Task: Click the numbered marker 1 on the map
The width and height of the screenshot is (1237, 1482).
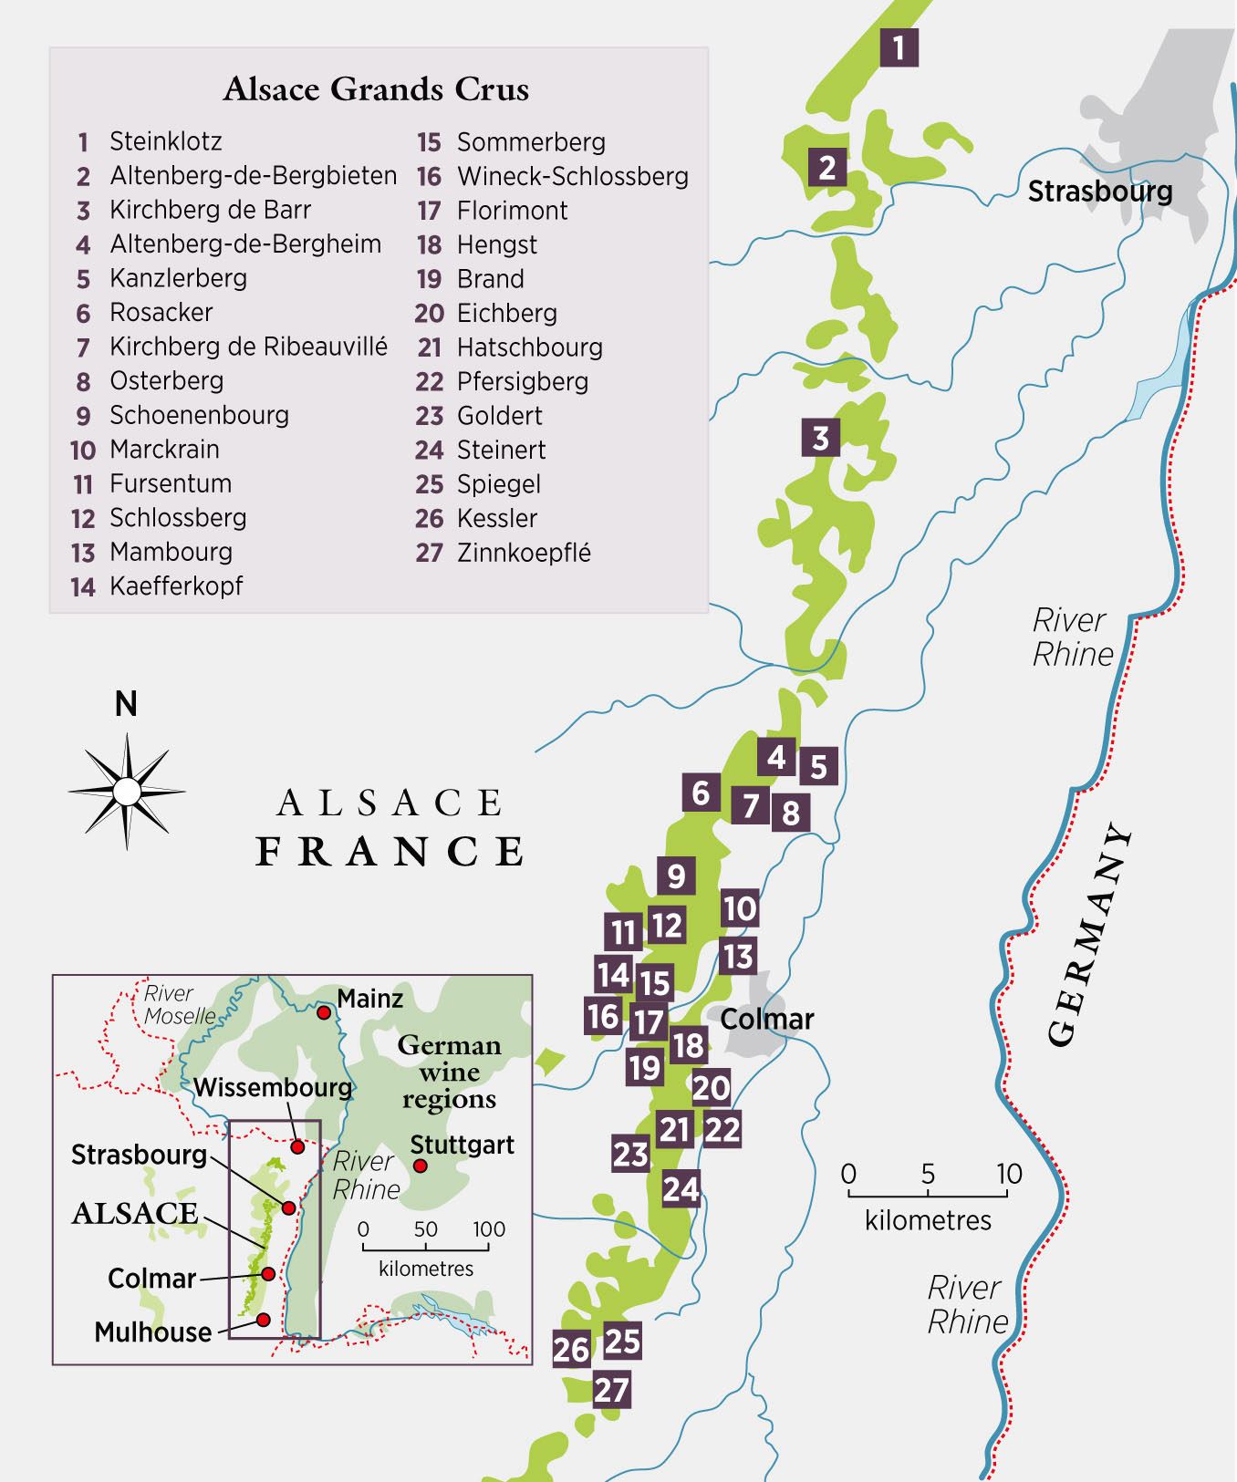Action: [899, 47]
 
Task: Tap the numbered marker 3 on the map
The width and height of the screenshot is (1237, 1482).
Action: [820, 438]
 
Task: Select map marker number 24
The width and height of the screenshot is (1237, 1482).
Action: [681, 1188]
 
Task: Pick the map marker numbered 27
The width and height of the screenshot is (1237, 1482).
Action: [612, 1390]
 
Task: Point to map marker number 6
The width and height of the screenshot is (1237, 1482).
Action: [701, 793]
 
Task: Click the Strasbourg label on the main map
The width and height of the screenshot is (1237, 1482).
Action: [1099, 192]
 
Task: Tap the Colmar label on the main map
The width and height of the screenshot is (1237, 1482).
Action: [766, 1019]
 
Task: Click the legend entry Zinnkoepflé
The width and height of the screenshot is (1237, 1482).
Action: [523, 553]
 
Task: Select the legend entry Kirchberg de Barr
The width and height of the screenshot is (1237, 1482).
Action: [210, 210]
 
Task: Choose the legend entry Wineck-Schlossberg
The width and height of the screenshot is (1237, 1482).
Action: [572, 176]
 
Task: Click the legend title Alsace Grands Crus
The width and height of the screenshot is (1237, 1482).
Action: [376, 89]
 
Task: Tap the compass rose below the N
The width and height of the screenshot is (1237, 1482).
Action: [127, 790]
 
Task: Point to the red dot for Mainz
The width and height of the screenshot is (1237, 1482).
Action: [323, 1012]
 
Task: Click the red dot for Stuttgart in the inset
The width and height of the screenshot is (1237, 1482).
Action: [420, 1166]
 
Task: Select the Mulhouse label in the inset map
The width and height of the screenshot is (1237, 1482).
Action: [153, 1332]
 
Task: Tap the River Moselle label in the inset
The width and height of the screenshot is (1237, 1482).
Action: [179, 1004]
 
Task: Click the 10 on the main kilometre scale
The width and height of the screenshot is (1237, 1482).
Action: [1008, 1174]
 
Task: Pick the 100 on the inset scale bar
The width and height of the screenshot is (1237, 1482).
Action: [488, 1229]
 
